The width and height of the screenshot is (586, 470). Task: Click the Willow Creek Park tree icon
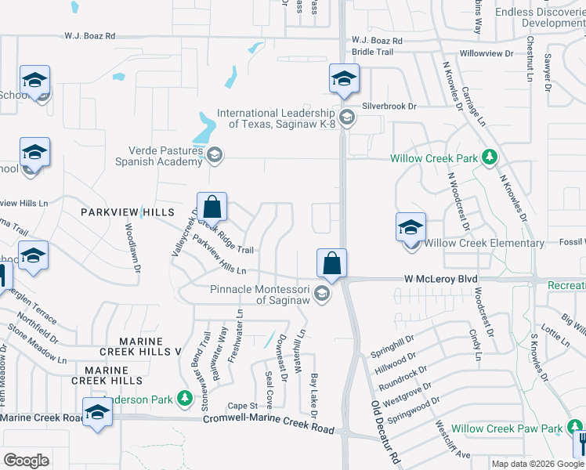pyautogui.click(x=490, y=157)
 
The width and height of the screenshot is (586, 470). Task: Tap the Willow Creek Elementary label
pyautogui.click(x=484, y=244)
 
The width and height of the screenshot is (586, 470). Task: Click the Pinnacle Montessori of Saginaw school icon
pyautogui.click(x=320, y=295)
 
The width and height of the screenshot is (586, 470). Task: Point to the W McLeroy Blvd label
pyautogui.click(x=440, y=279)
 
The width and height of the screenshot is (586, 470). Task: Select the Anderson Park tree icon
pyautogui.click(x=185, y=399)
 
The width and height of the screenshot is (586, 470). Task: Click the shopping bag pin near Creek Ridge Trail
pyautogui.click(x=212, y=208)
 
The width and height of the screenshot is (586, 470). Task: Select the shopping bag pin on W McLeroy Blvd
pyautogui.click(x=332, y=264)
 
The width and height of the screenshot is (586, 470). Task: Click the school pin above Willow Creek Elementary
pyautogui.click(x=411, y=228)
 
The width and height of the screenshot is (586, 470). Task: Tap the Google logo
pyautogui.click(x=27, y=461)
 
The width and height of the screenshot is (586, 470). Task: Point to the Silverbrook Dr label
pyautogui.click(x=389, y=106)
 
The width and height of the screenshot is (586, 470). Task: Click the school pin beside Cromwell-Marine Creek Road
pyautogui.click(x=97, y=412)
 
